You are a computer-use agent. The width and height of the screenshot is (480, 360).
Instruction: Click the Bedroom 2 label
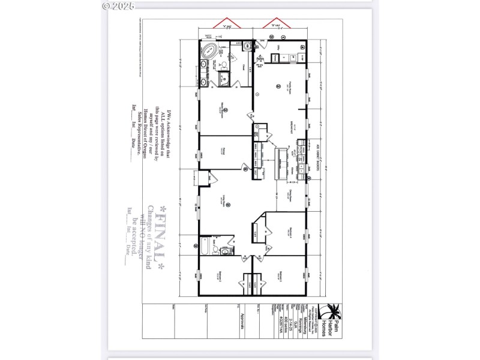280,277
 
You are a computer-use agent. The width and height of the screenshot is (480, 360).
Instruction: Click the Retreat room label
222,150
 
